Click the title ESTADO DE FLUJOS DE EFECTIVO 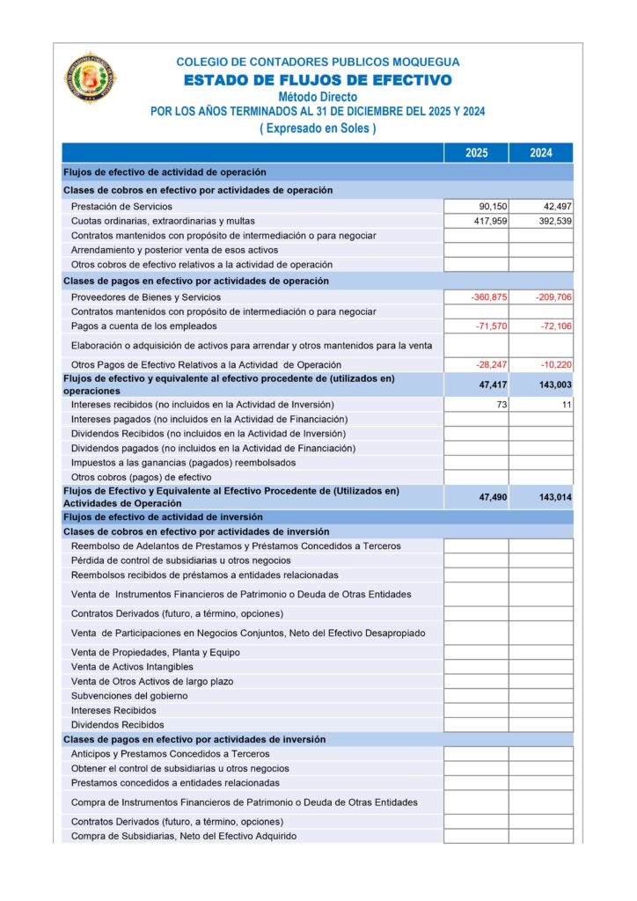click(318, 81)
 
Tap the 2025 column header click(476, 153)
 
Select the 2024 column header click(541, 153)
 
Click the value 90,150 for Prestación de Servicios click(488, 206)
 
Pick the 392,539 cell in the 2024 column click(553, 221)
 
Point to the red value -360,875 click(488, 297)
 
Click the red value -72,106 click(553, 326)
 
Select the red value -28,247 click(488, 364)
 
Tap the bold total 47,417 click(493, 385)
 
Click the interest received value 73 click(500, 404)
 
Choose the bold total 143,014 click(555, 497)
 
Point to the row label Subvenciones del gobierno click(129, 696)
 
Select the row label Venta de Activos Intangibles click(133, 667)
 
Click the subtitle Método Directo click(318, 97)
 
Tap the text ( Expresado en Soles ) click(318, 128)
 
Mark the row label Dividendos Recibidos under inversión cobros click(117, 725)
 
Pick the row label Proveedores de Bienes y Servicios click(145, 297)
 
